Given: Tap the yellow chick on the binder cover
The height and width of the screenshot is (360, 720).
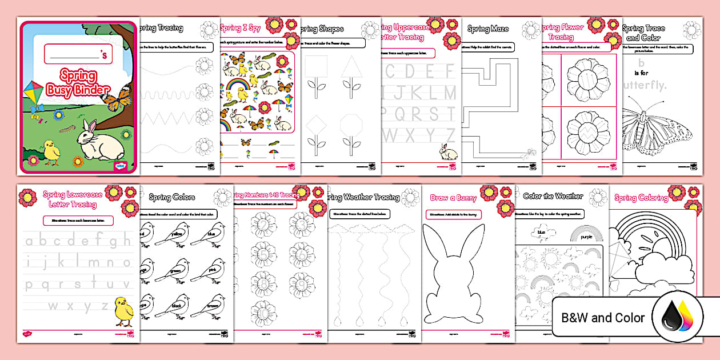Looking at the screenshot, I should click(x=52, y=153).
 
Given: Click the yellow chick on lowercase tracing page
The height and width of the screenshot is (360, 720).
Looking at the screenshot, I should click(x=123, y=311).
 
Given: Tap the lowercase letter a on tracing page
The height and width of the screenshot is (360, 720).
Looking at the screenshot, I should click(x=29, y=241).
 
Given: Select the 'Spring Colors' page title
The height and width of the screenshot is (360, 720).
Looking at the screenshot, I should click(x=172, y=197).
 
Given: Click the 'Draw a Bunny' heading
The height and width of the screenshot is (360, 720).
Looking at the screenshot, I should click(x=453, y=198).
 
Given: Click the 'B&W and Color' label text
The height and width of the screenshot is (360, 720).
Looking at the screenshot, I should click(x=603, y=318).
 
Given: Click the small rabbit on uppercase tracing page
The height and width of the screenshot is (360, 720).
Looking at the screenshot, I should click(x=444, y=151).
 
